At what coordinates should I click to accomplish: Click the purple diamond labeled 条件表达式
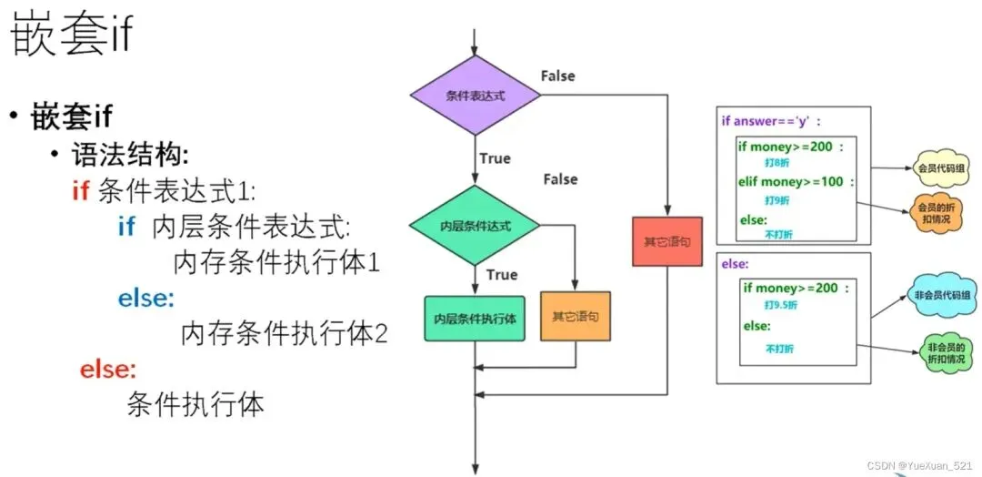tap(475, 96)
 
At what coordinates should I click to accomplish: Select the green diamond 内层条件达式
tap(474, 226)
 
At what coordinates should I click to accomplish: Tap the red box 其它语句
tap(667, 241)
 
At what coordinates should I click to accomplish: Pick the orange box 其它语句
tap(575, 317)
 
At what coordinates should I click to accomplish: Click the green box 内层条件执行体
tap(475, 318)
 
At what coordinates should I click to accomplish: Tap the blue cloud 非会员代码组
tap(937, 295)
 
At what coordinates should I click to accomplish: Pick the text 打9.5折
tap(771, 305)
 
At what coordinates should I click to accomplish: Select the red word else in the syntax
tap(107, 370)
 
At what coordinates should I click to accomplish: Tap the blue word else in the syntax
tap(146, 299)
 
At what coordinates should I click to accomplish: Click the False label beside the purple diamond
tap(557, 76)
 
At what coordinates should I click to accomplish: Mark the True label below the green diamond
tap(502, 275)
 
